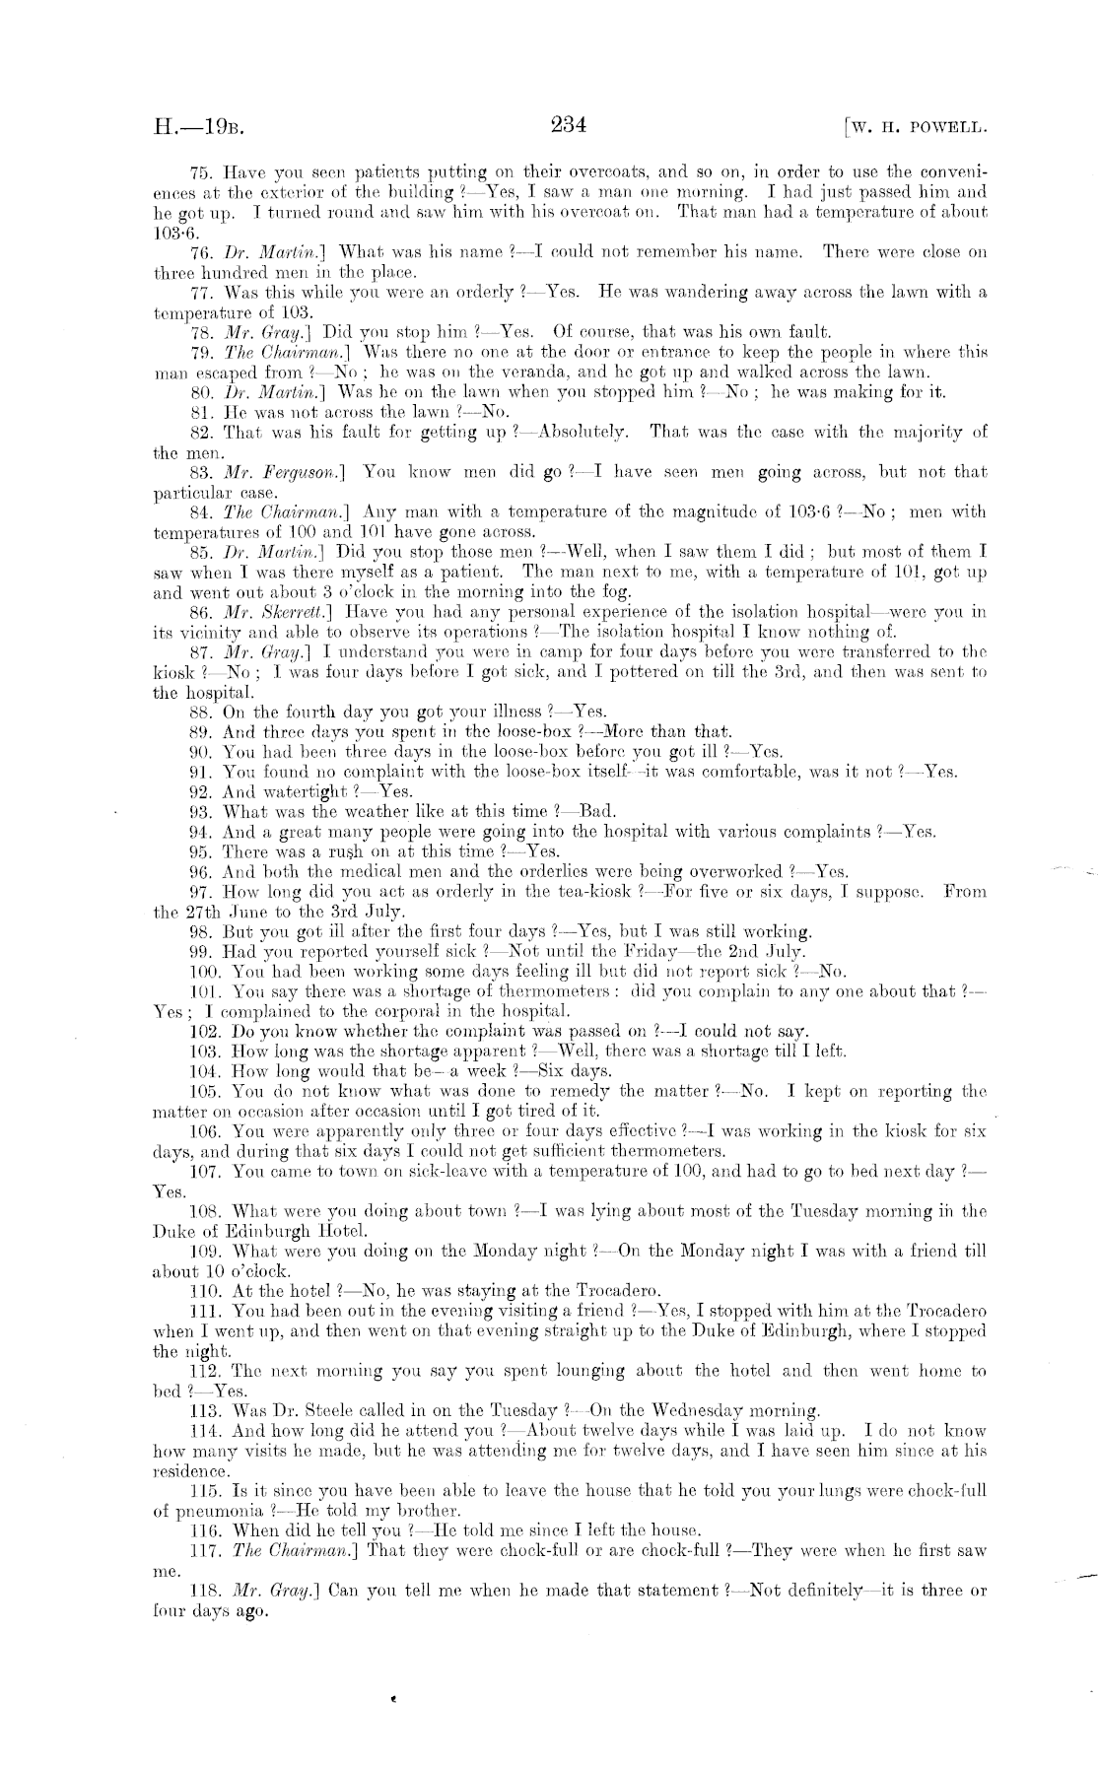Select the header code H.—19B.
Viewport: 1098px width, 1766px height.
pos(198,127)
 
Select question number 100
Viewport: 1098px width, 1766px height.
pos(204,972)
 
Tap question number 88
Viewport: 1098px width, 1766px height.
pos(202,712)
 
